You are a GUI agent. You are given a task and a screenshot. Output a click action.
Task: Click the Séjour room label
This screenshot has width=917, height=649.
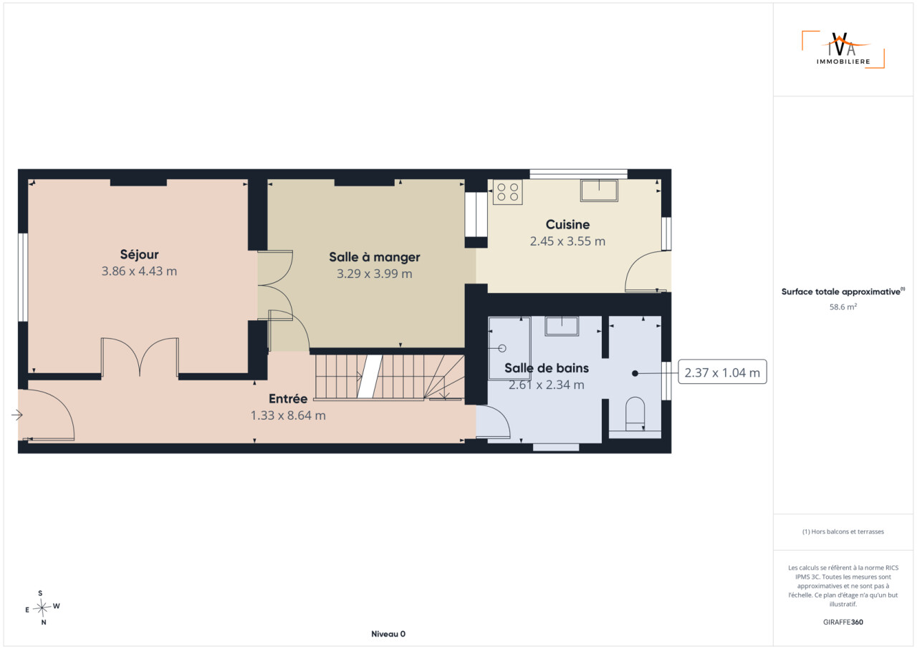[x=139, y=254]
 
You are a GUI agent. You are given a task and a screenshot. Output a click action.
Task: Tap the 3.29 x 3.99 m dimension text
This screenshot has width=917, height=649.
[x=374, y=274]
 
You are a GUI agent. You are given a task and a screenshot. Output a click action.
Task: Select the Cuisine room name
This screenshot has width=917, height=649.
[x=567, y=224]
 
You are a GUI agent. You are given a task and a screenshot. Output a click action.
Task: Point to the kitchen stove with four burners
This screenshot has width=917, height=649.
[x=508, y=192]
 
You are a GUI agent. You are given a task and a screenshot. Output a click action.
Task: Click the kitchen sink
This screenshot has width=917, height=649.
[x=599, y=191]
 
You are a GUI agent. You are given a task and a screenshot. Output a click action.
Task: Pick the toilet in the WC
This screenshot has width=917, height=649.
[x=635, y=413]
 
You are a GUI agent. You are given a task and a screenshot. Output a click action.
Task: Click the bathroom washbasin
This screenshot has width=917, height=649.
[x=561, y=326]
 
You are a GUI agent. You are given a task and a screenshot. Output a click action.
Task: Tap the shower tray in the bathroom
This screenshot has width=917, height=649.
[x=509, y=348]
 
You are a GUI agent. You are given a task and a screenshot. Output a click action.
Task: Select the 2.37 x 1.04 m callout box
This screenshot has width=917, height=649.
[x=722, y=372]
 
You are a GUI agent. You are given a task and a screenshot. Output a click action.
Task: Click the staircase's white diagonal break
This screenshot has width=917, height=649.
[x=370, y=376]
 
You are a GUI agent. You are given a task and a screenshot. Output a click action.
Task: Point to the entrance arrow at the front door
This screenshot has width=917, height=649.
[x=16, y=415]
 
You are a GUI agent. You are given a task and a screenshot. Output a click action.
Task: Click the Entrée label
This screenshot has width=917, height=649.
[x=288, y=398]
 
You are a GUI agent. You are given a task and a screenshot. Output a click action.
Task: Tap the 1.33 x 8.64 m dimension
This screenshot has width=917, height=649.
[x=288, y=415]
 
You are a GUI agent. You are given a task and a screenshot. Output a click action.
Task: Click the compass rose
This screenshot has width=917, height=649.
[x=42, y=607]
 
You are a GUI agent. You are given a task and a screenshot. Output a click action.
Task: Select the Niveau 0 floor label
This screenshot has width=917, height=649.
[x=388, y=634]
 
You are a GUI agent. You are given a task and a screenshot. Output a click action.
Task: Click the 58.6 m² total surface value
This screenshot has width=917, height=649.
[x=843, y=307]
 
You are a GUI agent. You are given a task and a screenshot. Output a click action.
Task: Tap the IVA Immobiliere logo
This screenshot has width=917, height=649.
[x=843, y=49]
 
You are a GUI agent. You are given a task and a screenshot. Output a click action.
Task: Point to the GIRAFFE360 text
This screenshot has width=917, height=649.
[x=843, y=622]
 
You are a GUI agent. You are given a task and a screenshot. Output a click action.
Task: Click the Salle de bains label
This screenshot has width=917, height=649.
[x=547, y=368]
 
